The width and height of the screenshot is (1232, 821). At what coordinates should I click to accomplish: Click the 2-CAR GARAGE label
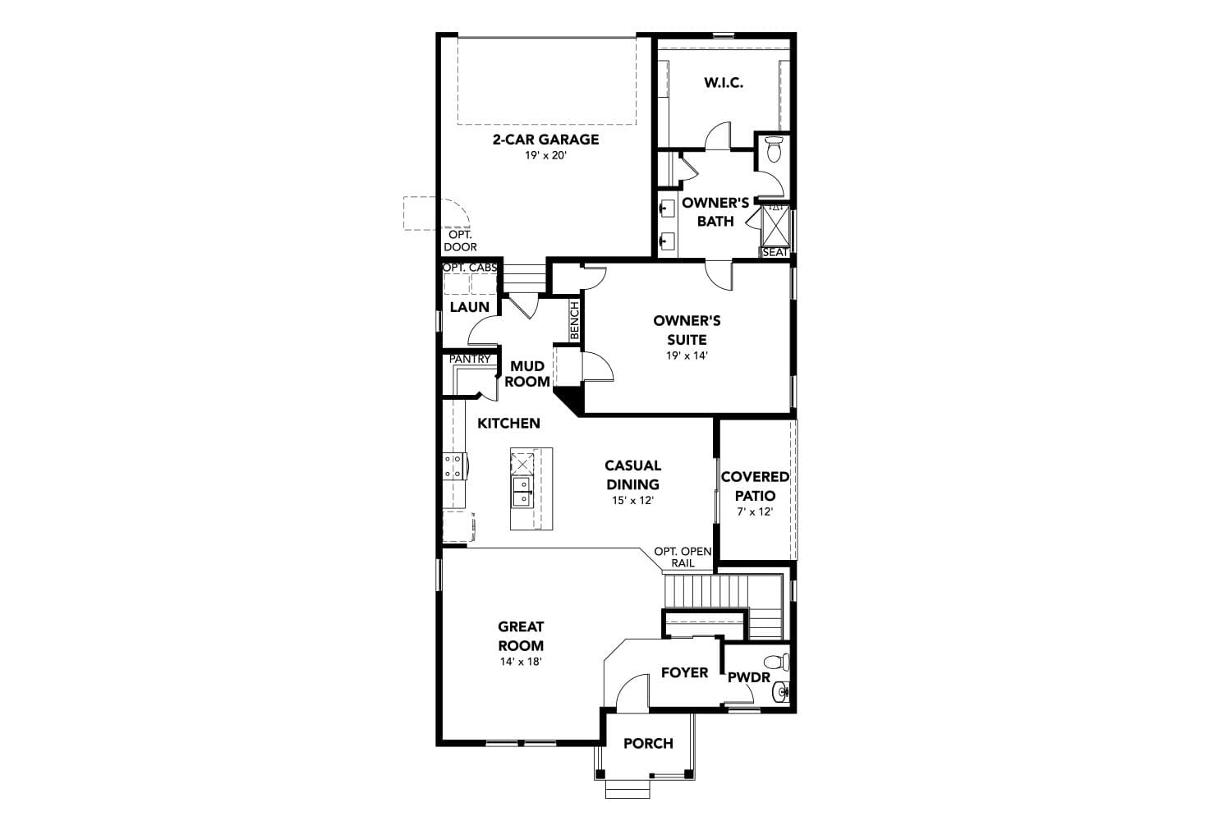coord(545,140)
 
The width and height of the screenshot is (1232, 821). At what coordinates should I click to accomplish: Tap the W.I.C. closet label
coord(724,83)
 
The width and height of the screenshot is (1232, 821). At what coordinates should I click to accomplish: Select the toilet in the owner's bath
coord(775,149)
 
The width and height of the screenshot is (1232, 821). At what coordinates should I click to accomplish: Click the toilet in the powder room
coord(778,662)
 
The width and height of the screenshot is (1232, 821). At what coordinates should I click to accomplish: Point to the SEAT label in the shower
coord(775,252)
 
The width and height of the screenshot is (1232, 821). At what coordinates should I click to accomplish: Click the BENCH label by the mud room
coord(575,320)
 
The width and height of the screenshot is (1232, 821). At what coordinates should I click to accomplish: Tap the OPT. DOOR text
coord(460,241)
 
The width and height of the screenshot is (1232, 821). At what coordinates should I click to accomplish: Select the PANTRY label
coord(470,359)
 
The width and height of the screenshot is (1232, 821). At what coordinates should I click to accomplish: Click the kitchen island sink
coord(522,491)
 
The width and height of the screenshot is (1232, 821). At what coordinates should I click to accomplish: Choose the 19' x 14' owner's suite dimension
coord(687,355)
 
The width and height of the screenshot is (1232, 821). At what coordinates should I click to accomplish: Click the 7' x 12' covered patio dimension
coord(755,512)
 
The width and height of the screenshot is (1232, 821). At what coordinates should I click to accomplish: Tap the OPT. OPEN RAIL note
coord(683,557)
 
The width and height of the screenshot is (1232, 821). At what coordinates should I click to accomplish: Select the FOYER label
coord(685,672)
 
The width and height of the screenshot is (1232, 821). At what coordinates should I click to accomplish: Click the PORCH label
coord(649,744)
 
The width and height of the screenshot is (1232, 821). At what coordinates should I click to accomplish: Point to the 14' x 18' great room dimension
coord(521,662)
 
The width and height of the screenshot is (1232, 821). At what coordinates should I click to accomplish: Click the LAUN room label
coord(470,307)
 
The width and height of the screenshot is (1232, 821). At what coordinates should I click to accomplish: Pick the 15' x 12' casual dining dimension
coord(632,501)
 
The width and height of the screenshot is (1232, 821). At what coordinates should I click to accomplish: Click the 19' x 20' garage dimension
coord(545,156)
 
